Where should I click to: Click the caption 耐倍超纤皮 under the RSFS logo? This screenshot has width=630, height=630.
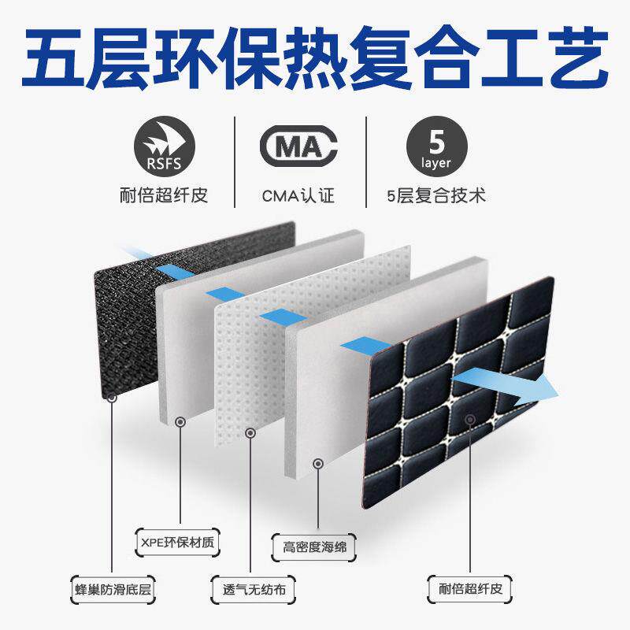click(170, 194)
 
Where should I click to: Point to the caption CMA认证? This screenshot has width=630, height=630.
click(298, 194)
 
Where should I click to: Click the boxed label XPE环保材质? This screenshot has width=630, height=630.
click(178, 542)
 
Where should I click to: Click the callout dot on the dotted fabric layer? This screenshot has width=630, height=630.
click(250, 432)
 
